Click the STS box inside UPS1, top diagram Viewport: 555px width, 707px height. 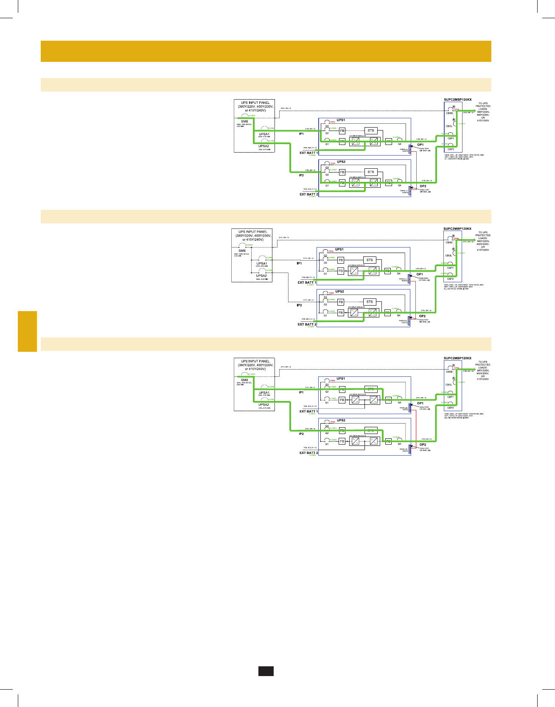pyautogui.click(x=371, y=131)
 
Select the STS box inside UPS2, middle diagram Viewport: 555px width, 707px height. pyautogui.click(x=370, y=302)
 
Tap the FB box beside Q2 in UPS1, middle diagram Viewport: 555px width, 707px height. pyautogui.click(x=341, y=260)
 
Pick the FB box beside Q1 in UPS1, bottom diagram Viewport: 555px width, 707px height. pyautogui.click(x=342, y=400)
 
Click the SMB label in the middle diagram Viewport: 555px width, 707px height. pyautogui.click(x=242, y=251)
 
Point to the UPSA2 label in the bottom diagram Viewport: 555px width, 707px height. pyautogui.click(x=263, y=405)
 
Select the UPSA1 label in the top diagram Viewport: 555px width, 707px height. pyautogui.click(x=264, y=134)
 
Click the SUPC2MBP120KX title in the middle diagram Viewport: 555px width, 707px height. pyautogui.click(x=457, y=229)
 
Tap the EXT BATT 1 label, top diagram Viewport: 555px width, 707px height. pyautogui.click(x=308, y=153)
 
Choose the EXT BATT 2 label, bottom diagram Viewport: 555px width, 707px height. pyautogui.click(x=308, y=453)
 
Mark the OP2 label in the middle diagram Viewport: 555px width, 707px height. pyautogui.click(x=422, y=316)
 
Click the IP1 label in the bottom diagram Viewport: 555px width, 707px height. pyautogui.click(x=301, y=392)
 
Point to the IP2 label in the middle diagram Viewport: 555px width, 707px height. pyautogui.click(x=299, y=305)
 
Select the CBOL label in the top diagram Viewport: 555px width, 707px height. pyautogui.click(x=449, y=126)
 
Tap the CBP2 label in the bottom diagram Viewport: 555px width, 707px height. pyautogui.click(x=450, y=408)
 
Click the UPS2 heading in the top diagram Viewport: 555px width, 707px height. pyautogui.click(x=341, y=162)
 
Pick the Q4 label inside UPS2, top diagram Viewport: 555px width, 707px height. pyautogui.click(x=399, y=185)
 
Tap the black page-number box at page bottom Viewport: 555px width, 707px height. pyautogui.click(x=266, y=671)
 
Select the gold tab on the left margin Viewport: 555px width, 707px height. pyautogui.click(x=27, y=331)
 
